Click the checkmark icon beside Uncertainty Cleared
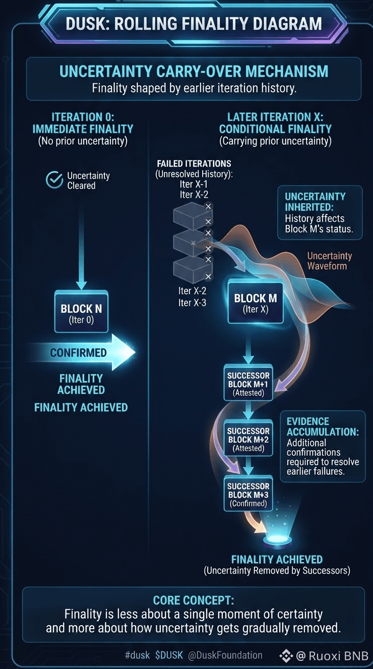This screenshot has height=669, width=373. point(54,180)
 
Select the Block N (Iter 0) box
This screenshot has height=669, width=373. point(81,312)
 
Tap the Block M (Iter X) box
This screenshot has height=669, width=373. point(256,302)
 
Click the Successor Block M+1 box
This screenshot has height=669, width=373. point(248,382)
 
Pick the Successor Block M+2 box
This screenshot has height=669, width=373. point(248,438)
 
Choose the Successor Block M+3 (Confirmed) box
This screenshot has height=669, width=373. point(248,493)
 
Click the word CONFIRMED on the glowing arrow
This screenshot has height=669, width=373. point(78,353)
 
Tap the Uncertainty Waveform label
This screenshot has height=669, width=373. point(330,261)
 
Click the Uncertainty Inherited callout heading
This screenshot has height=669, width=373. point(315,202)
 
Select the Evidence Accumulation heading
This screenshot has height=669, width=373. point(323,426)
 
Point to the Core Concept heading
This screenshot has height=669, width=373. point(194,600)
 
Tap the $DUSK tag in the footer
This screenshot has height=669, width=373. point(169,655)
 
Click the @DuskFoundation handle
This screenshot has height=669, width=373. point(225,655)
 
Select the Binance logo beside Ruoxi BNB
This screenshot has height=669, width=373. point(286,656)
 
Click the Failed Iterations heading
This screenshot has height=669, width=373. point(194,163)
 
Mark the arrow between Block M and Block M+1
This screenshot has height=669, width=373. point(248,345)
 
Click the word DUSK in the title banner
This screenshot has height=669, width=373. point(85,24)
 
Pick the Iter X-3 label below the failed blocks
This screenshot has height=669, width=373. point(192,303)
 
